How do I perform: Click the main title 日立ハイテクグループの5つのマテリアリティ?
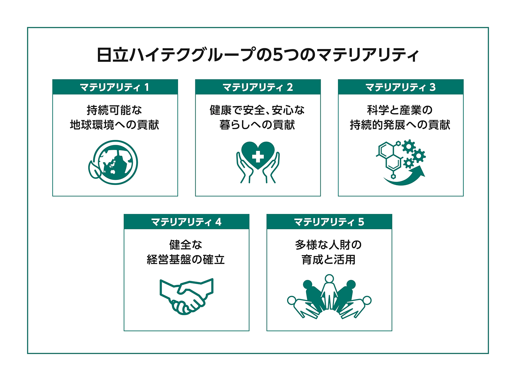pos(258,55)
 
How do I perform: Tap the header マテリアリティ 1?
pos(115,87)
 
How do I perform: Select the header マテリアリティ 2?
pos(258,87)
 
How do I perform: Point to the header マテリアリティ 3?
pos(400,87)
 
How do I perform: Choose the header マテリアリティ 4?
pos(186,222)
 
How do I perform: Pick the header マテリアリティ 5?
pos(329,222)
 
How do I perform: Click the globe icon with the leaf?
pos(115,163)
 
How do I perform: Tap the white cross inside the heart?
pos(258,156)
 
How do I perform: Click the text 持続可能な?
pos(115,110)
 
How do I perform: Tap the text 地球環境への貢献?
pos(115,125)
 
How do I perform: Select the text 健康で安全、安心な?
pos(257,110)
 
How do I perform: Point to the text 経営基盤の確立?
pos(186,260)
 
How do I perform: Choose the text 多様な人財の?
pos(329,245)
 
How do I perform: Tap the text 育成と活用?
pos(329,260)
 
